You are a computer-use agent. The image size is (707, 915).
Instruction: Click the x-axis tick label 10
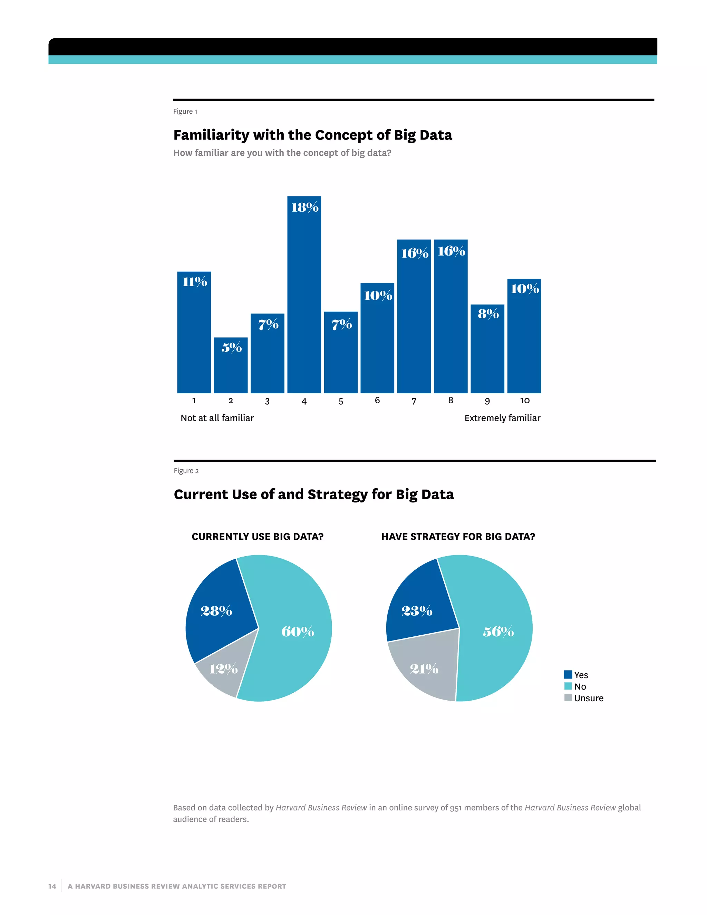[525, 401]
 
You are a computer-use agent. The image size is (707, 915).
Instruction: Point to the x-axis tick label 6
[377, 401]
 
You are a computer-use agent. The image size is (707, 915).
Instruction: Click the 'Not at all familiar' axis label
[217, 418]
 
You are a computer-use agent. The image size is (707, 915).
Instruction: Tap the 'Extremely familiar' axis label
[502, 418]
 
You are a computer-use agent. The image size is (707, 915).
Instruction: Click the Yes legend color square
[568, 675]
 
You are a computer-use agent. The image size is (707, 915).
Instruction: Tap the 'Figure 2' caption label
[186, 471]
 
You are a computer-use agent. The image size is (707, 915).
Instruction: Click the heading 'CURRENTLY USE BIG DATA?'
[258, 537]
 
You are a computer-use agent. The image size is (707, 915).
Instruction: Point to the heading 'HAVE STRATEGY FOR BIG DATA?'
[458, 537]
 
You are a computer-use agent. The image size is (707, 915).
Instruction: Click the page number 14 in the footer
[52, 886]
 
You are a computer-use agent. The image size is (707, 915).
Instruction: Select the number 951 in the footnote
[456, 808]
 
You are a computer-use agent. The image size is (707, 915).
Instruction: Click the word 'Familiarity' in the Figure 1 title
[212, 135]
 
